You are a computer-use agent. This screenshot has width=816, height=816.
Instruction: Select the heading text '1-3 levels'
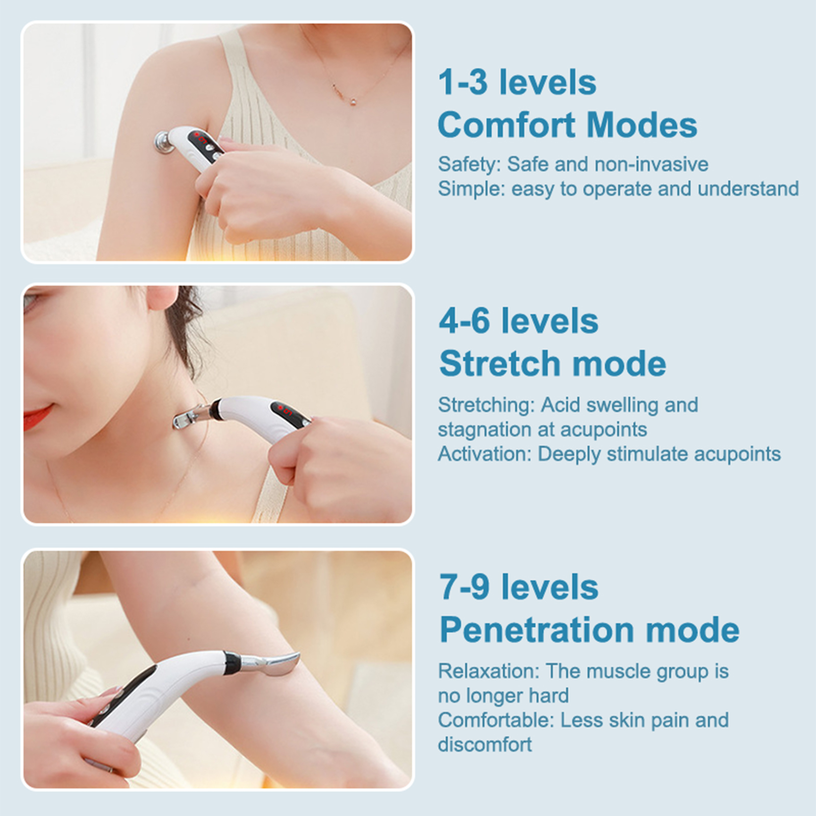click(x=517, y=82)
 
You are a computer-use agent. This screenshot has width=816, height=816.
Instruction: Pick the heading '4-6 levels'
click(x=519, y=321)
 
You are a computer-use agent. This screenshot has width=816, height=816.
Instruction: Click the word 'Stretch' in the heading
click(x=501, y=363)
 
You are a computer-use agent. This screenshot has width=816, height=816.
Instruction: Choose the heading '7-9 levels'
click(x=519, y=587)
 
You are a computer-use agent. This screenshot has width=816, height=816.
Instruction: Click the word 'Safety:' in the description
click(x=470, y=165)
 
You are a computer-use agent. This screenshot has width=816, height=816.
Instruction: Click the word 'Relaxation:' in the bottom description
click(x=489, y=671)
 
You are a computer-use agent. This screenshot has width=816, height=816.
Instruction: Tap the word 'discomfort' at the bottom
click(x=484, y=745)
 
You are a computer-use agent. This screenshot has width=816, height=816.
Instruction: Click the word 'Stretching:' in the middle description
click(x=486, y=405)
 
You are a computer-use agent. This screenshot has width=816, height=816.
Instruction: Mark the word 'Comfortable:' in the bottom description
click(x=496, y=720)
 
